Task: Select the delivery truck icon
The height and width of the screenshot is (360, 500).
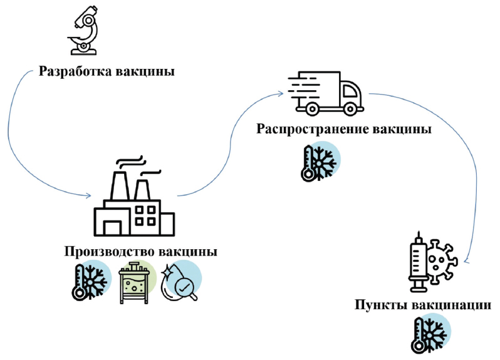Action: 325,93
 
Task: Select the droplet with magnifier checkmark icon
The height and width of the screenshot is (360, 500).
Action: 180,281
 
